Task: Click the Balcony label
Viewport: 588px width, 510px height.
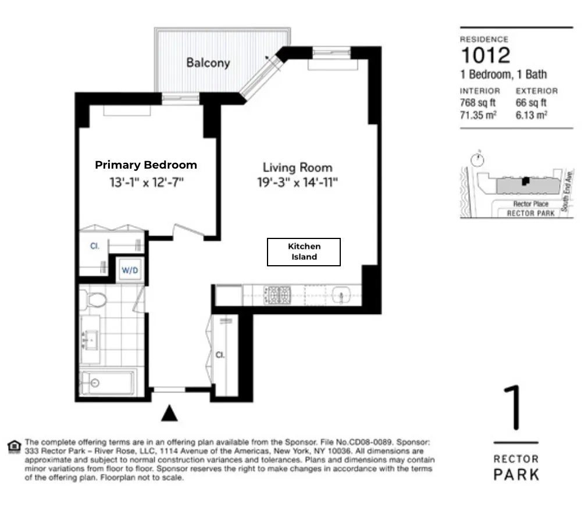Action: coord(208,63)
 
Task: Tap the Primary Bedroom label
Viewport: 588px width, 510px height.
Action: coord(146,165)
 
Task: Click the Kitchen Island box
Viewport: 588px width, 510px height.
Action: coord(304,252)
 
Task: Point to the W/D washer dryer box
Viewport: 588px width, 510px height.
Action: coord(129,270)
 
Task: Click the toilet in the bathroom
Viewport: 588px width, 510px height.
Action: coord(95,299)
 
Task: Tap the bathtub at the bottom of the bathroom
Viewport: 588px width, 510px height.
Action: coord(106,383)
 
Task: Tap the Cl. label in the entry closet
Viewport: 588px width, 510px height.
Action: coord(220,355)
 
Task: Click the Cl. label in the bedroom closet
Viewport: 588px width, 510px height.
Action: coord(94,247)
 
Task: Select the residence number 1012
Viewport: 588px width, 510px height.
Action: coord(485,56)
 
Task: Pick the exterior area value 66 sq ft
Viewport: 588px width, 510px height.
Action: coord(531,103)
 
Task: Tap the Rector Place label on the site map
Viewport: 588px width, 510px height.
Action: coord(530,204)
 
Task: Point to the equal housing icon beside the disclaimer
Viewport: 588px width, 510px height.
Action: coord(14,447)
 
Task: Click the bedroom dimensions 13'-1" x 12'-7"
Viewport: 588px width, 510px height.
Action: coord(146,183)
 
